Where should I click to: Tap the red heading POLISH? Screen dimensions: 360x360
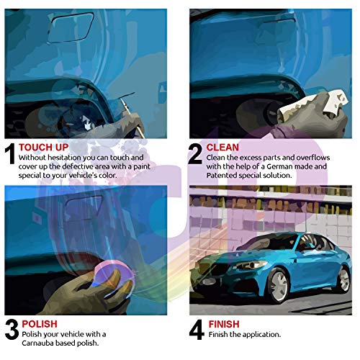tap(39, 324)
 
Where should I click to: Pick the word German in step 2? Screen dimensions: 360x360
tap(308, 166)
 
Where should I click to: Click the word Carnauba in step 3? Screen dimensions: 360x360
tap(37, 343)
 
